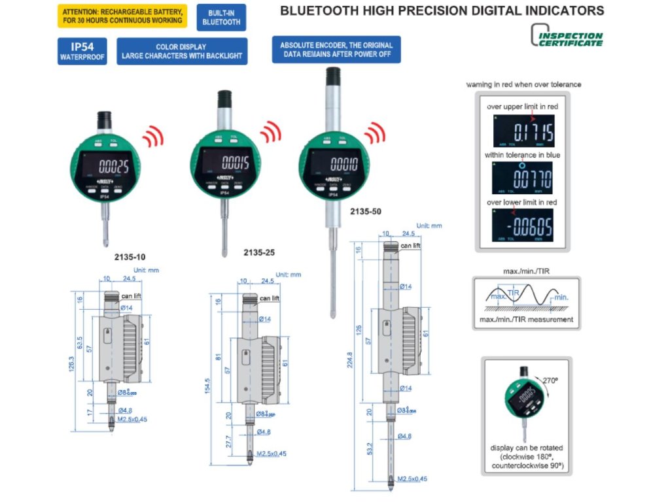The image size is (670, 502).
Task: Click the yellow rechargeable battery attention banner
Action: pyautogui.click(x=122, y=16)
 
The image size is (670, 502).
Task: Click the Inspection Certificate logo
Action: pyautogui.click(x=567, y=39)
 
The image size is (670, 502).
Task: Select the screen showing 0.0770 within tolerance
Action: pyautogui.click(x=522, y=177)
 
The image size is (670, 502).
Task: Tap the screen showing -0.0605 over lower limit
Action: pyautogui.click(x=523, y=226)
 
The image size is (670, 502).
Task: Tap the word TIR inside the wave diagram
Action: pyautogui.click(x=514, y=294)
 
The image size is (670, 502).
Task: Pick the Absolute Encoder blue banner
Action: pyautogui.click(x=336, y=50)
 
